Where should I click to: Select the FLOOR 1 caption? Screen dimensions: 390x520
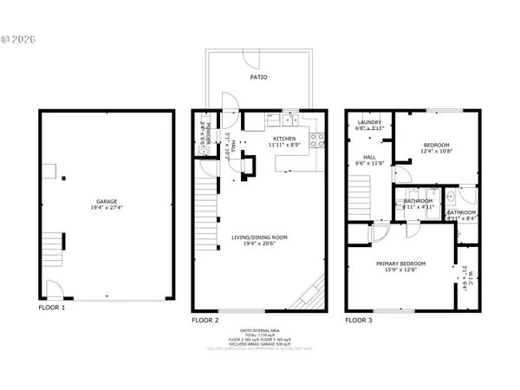pos(51,308)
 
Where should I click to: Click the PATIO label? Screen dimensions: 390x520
pos(258,77)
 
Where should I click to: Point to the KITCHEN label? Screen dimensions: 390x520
pos(284,139)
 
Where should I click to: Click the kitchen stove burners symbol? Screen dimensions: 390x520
pos(321,139)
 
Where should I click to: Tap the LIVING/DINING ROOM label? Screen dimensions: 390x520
pos(259,237)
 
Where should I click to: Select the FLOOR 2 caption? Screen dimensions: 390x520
pos(205,320)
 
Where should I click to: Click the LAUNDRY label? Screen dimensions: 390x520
pos(370,122)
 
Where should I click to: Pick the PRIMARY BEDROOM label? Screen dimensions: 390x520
pos(400,263)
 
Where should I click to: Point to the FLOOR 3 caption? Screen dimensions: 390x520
pos(359,320)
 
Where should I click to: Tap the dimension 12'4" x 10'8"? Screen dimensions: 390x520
pos(436,152)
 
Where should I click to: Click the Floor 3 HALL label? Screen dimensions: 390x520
pos(370,156)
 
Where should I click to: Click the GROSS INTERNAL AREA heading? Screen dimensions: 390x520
pos(260,329)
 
